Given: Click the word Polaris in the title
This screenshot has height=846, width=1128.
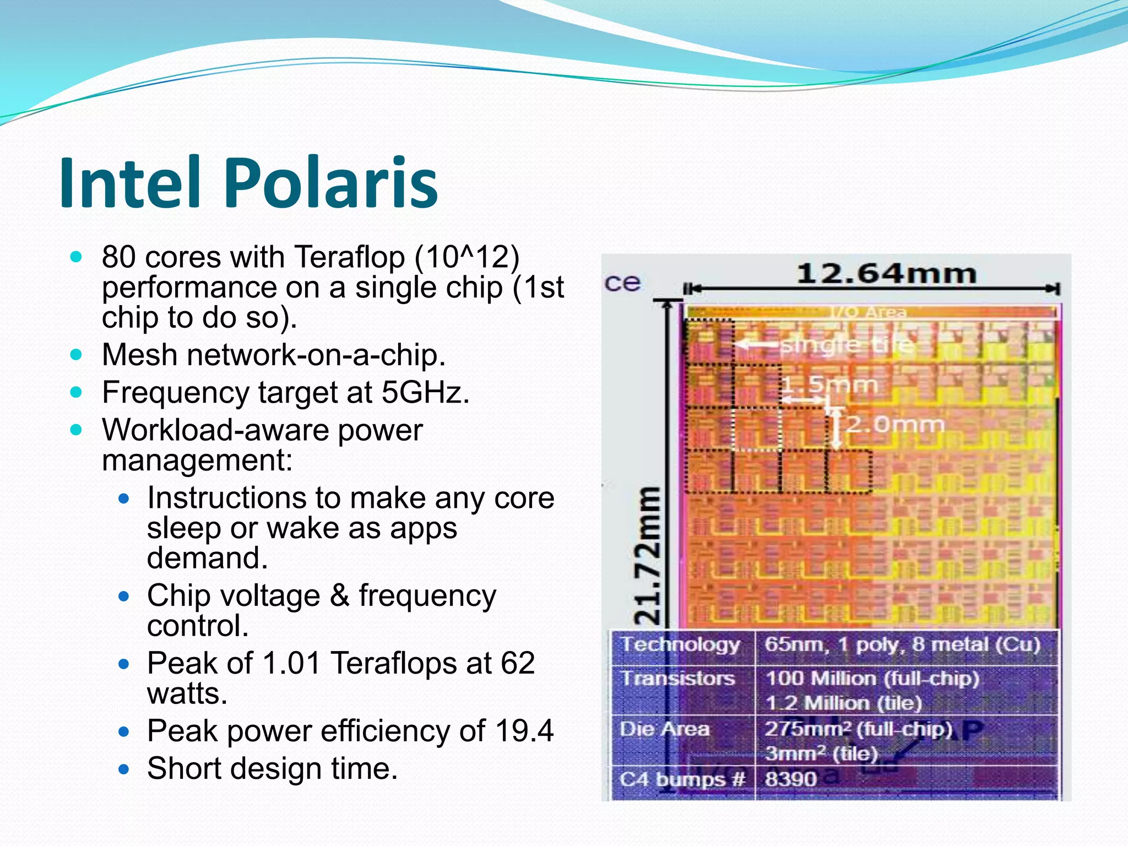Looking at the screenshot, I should (x=331, y=183).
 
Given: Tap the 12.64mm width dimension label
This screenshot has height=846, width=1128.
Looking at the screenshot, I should (x=886, y=274).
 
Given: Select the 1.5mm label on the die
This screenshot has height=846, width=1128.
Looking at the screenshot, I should (x=829, y=385).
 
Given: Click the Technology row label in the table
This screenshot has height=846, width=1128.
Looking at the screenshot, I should (x=681, y=644).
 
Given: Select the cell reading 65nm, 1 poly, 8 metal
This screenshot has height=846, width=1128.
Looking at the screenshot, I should (x=902, y=644).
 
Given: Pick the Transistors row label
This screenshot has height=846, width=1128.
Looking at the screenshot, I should (x=678, y=678).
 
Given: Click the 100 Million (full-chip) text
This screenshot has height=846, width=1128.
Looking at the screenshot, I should (x=872, y=679).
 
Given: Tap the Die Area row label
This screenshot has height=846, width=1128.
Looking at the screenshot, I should (x=665, y=729).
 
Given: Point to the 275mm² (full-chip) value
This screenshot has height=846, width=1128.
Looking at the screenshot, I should (x=858, y=729).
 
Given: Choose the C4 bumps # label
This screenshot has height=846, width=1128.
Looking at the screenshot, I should (x=682, y=779).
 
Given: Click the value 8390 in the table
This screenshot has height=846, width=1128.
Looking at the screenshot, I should (x=790, y=779).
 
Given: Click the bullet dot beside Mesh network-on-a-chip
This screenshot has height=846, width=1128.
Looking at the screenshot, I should (x=77, y=354).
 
